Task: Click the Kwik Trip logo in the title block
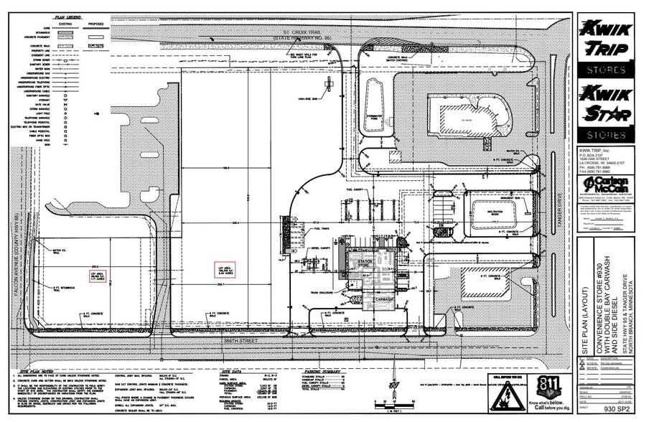point(604,40)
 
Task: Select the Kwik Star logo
point(604,105)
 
